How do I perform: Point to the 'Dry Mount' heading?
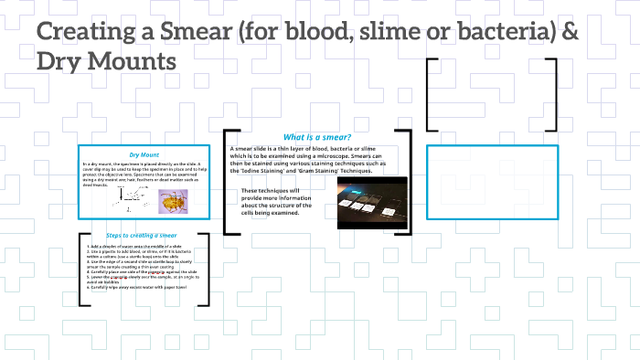tap(144, 154)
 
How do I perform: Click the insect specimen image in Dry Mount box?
tap(173, 200)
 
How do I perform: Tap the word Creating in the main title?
tap(90, 34)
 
